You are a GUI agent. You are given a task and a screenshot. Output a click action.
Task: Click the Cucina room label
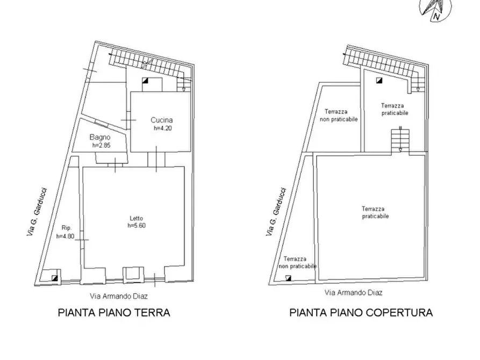click(162, 120)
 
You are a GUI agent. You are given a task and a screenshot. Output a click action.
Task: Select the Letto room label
click(137, 218)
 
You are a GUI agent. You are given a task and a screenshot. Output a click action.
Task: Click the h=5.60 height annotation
click(137, 226)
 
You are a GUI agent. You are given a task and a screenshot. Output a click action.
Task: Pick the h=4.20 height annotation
click(163, 128)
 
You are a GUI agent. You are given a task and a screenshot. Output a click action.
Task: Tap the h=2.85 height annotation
click(101, 145)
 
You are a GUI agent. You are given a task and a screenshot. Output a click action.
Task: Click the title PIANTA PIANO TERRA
click(113, 313)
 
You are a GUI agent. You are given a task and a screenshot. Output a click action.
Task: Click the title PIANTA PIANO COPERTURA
click(361, 313)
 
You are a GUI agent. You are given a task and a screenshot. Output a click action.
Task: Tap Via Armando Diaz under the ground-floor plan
click(119, 296)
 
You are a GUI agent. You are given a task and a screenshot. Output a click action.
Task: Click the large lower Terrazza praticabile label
click(375, 212)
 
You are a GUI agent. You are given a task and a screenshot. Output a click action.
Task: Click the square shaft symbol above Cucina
click(145, 81)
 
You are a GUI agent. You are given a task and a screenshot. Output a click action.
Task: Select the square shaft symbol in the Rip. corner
click(55, 278)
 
